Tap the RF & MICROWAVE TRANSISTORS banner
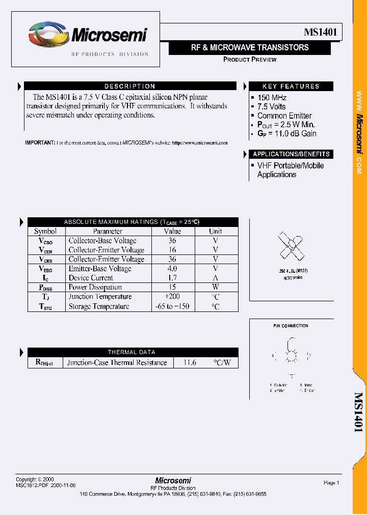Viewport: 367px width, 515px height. point(250,47)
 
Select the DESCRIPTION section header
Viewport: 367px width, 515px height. point(130,87)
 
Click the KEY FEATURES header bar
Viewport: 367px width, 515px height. point(291,87)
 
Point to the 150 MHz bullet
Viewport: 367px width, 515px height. point(272,97)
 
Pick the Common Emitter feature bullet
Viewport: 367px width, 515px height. point(284,116)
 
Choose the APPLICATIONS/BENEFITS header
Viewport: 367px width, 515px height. point(291,154)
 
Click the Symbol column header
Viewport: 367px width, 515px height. point(45,231)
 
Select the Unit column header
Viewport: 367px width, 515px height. point(216,231)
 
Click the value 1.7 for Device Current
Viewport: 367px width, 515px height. point(172,278)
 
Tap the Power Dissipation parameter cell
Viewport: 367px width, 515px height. point(95,287)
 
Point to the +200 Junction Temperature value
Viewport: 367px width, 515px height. point(172,296)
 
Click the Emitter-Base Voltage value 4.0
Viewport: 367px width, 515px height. point(172,268)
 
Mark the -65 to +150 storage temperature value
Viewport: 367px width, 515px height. point(172,306)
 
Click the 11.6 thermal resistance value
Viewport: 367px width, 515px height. point(190,362)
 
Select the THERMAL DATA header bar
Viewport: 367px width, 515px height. point(132,352)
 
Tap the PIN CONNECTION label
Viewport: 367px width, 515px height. point(291,326)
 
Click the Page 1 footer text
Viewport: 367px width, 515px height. point(331,482)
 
